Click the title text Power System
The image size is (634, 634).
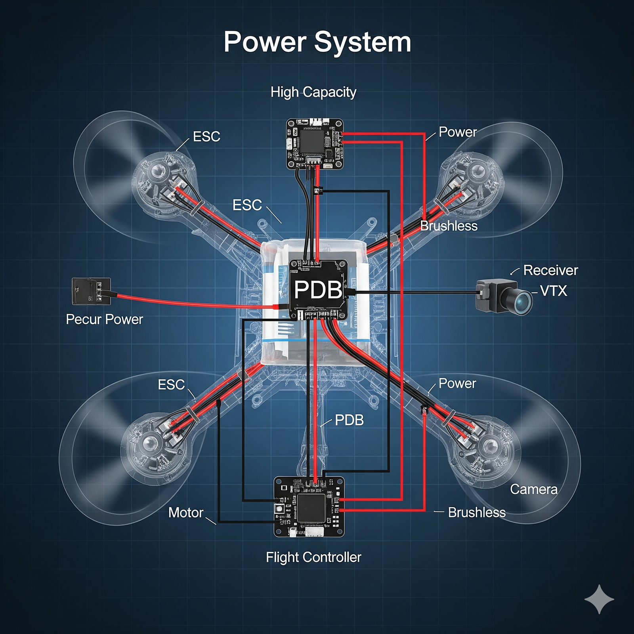317,42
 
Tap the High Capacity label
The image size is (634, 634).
313,92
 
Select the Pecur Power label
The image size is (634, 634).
104,319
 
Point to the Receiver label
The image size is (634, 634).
550,270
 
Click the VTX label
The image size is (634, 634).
554,291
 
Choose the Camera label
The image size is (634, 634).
533,489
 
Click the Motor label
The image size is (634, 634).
185,512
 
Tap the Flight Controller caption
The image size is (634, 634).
313,557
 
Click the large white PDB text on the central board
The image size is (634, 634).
318,290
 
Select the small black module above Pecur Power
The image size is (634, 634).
91,291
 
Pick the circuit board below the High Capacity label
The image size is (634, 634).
315,144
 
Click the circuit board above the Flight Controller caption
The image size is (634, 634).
309,507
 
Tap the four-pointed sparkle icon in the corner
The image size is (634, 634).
599,599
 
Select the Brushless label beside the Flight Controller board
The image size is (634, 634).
477,512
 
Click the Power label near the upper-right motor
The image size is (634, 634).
458,132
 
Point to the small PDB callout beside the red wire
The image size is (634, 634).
349,420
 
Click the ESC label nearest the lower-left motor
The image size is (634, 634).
171,384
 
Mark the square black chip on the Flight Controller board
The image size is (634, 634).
311,508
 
